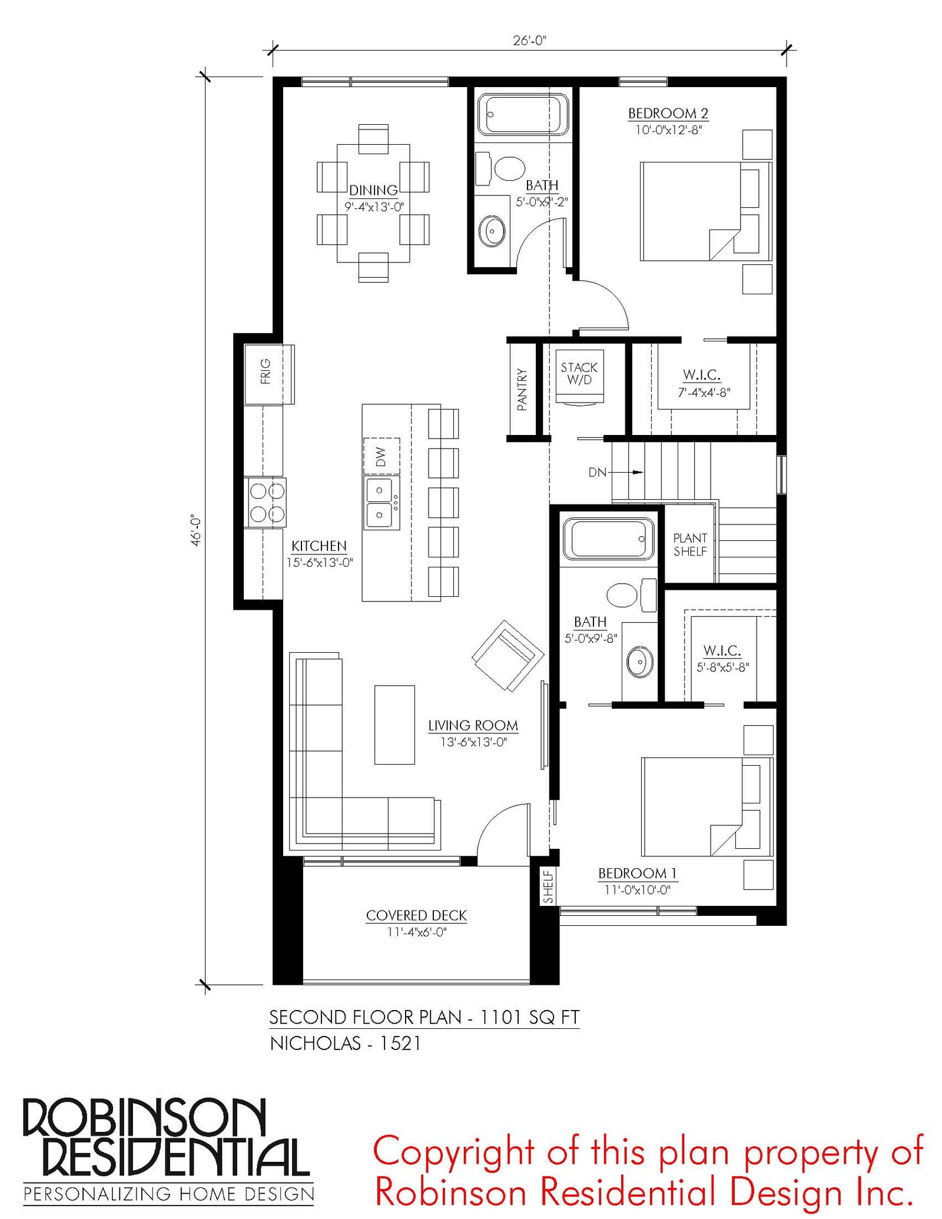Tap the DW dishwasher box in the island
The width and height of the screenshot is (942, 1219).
coord(382,456)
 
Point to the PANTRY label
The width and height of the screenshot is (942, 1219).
coord(522,389)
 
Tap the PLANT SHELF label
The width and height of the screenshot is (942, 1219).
coord(690,544)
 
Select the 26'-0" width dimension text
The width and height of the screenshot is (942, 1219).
coord(529,41)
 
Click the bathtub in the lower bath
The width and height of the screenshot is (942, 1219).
coord(609,539)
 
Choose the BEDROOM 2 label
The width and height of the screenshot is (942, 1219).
coord(668,113)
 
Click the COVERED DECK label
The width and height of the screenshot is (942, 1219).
coord(416,915)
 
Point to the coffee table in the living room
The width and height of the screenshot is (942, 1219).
coord(394,725)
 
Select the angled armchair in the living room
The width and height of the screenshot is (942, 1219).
coord(508,655)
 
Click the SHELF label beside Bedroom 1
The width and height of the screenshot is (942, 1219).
coord(549,887)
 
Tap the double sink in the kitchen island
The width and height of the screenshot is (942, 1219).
coord(381,503)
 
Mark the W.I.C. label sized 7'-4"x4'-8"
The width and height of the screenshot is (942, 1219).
coord(702,374)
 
